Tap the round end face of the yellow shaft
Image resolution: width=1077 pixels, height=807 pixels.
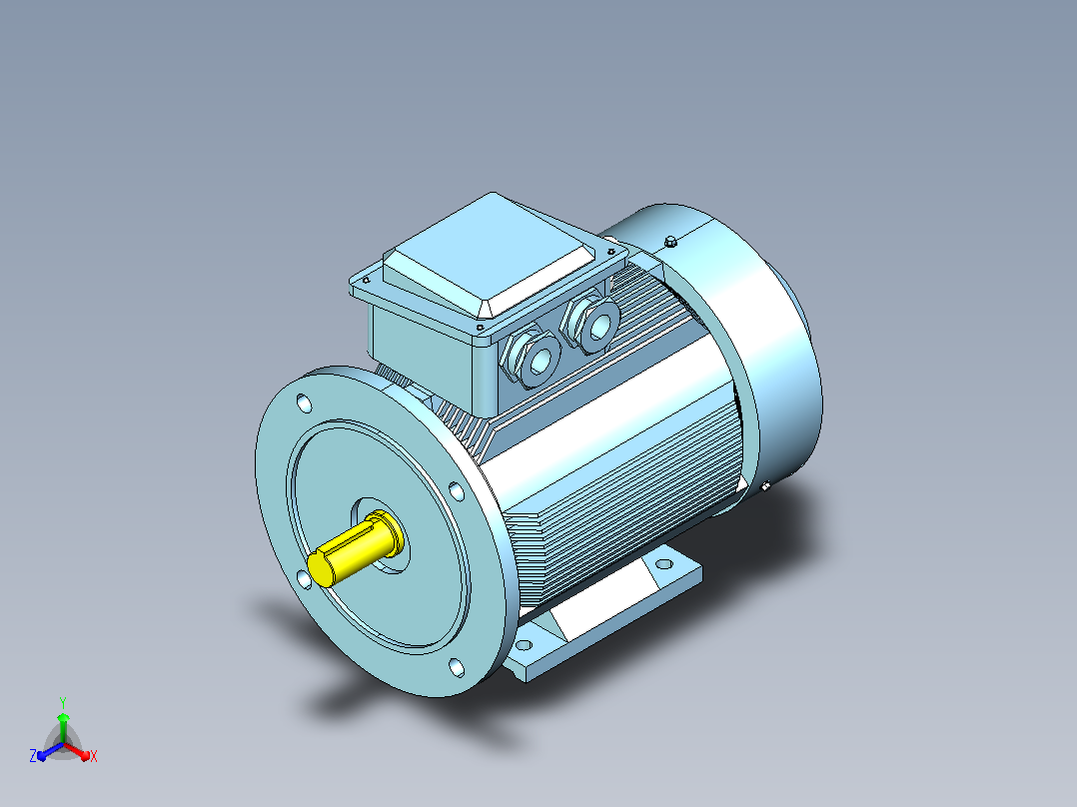(x=321, y=568)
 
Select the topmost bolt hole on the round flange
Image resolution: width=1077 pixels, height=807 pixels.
(x=305, y=403)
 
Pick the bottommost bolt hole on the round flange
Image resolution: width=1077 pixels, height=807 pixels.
(x=457, y=667)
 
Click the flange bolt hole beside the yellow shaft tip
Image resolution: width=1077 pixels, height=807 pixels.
(x=304, y=580)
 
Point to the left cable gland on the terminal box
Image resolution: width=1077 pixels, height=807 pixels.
(x=531, y=359)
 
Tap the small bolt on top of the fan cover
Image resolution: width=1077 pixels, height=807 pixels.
(x=671, y=241)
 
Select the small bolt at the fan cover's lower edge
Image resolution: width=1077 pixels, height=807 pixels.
(x=766, y=486)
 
